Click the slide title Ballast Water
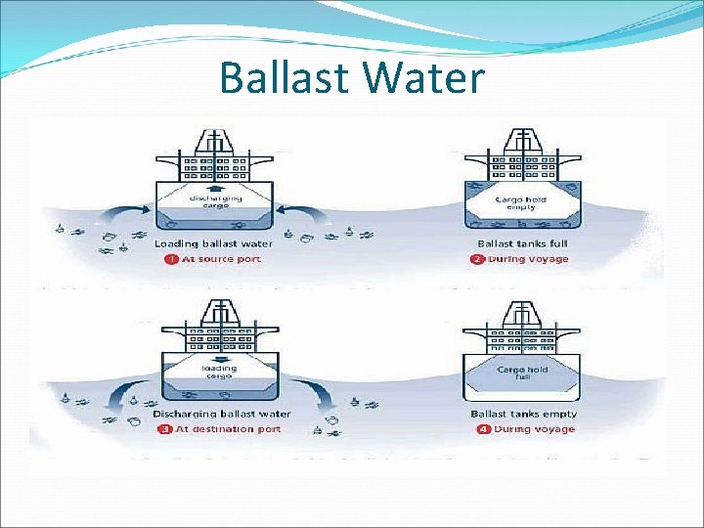point(352,78)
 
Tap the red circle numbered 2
point(478,259)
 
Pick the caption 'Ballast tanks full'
point(523,243)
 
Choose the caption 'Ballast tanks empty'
point(524,414)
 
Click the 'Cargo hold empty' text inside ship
point(522,202)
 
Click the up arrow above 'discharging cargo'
point(216,189)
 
